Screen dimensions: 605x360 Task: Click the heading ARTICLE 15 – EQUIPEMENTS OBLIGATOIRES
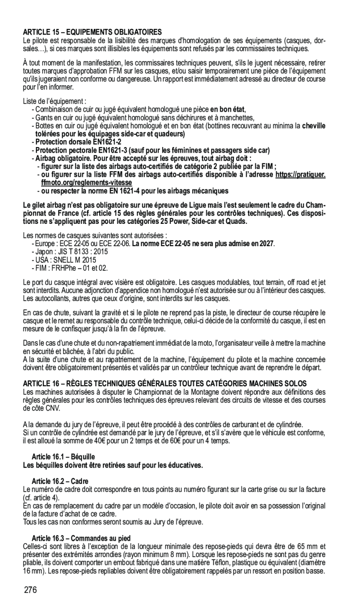click(93, 32)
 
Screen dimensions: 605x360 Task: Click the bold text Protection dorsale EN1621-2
click(78, 141)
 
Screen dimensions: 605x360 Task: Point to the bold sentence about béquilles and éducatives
click(113, 465)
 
